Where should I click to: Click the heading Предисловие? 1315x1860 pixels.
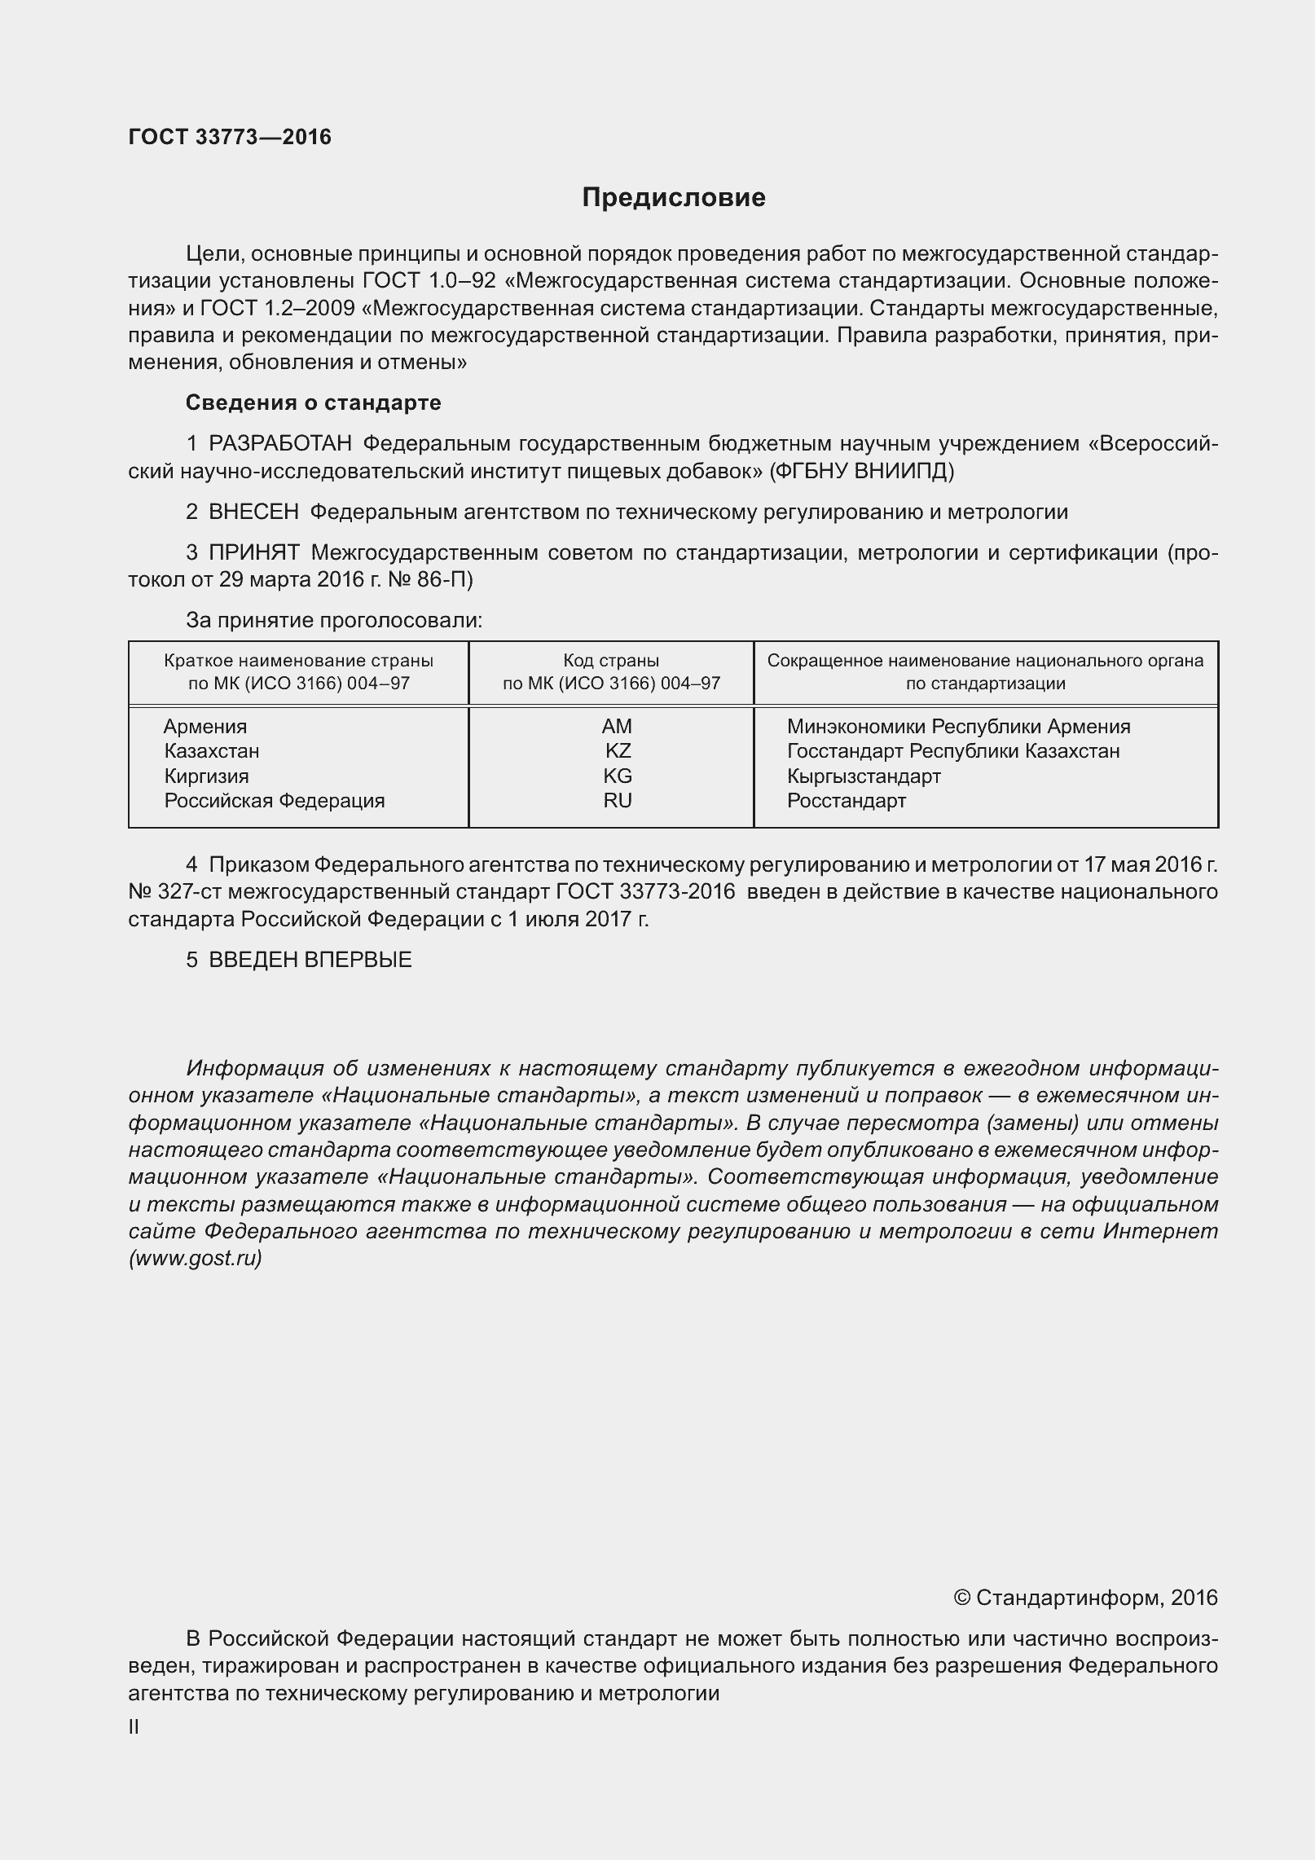(x=673, y=198)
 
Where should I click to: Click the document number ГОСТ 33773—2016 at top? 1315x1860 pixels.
(x=230, y=137)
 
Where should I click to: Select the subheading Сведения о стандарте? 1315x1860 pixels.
(x=313, y=402)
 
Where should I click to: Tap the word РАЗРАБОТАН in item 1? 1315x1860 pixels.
(x=280, y=443)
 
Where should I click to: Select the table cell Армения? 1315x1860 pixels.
(x=205, y=726)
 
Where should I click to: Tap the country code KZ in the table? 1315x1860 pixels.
(x=618, y=750)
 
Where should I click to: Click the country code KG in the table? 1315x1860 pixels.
(x=618, y=776)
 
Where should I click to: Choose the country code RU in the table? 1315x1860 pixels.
(x=618, y=800)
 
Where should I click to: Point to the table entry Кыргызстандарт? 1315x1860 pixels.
(x=864, y=776)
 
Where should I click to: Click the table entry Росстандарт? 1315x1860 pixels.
(x=847, y=800)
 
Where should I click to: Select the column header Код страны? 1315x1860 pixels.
(x=611, y=661)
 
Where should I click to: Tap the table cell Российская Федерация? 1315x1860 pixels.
(x=275, y=800)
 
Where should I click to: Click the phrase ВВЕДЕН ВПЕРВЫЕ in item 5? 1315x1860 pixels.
(x=310, y=959)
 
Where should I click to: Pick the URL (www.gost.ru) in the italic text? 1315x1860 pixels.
(x=195, y=1258)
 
